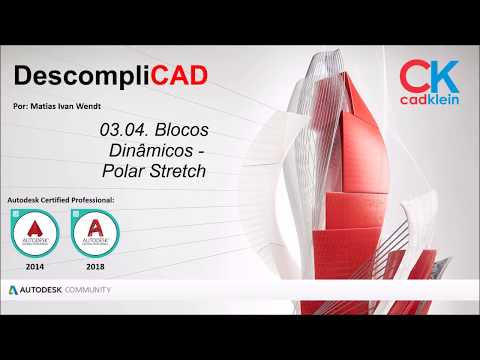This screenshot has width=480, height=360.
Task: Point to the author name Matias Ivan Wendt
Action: tap(71, 103)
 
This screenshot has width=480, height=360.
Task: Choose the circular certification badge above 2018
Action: tap(96, 235)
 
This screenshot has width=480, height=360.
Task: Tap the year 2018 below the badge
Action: tap(96, 267)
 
